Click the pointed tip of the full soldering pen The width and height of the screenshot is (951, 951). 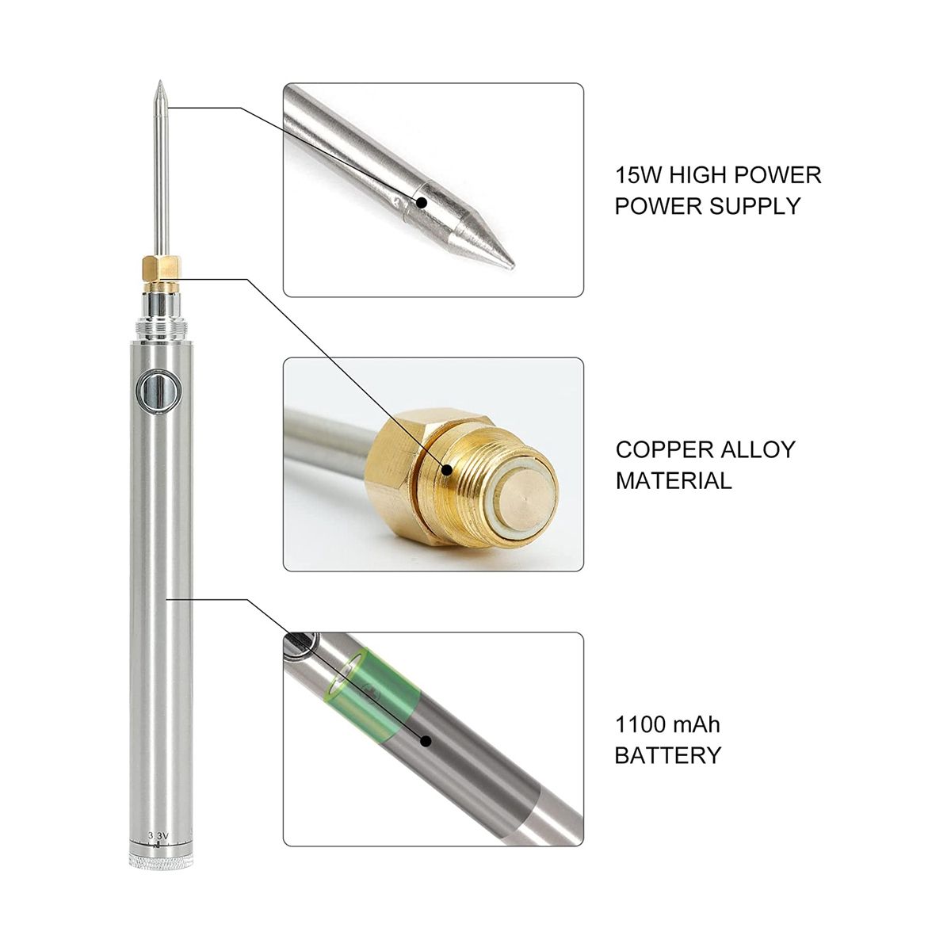[159, 81]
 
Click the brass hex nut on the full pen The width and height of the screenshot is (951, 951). [161, 266]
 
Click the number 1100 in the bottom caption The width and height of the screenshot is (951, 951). [638, 725]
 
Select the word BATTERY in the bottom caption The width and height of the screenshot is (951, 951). [668, 755]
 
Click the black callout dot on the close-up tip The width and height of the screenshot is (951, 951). [421, 202]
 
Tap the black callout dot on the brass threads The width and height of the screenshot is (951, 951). [446, 469]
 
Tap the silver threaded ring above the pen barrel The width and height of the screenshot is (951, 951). [162, 329]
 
